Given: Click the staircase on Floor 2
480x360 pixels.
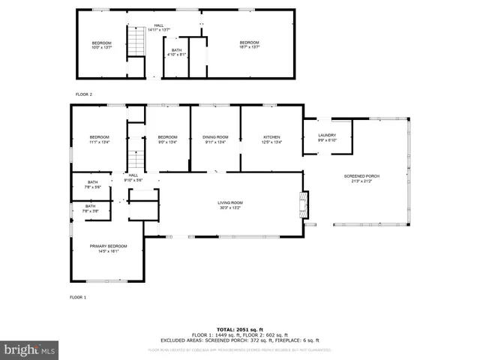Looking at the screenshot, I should click(135, 40).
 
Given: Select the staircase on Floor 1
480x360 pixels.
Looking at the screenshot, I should click(135, 154).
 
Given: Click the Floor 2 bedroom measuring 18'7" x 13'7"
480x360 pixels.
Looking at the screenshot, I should click(249, 44).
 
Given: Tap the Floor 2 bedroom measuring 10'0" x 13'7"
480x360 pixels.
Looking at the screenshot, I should click(101, 44).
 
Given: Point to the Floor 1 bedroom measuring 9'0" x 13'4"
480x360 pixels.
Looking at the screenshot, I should click(167, 139).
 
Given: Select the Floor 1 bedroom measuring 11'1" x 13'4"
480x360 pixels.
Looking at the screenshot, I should click(100, 139).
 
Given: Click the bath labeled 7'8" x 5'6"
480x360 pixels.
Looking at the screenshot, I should click(93, 184).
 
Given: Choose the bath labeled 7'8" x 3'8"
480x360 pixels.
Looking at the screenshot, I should click(90, 208).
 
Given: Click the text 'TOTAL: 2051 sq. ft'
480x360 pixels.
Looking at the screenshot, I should click(240, 329).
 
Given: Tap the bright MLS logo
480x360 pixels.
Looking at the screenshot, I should click(30, 349).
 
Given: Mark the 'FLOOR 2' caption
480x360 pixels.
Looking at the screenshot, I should click(83, 94).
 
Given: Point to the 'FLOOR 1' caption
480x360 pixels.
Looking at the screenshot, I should click(78, 297).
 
